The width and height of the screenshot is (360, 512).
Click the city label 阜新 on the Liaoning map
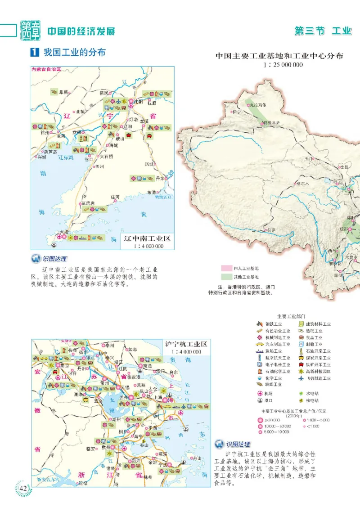coord(63,92)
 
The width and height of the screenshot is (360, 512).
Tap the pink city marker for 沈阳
coord(131,102)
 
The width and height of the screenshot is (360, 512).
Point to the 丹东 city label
coord(160,179)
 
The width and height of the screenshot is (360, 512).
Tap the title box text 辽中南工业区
coord(148,238)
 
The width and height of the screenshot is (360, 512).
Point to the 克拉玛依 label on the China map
coord(258,105)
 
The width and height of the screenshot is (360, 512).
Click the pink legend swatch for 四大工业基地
coord(226,268)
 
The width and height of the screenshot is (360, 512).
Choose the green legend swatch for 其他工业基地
coord(226,277)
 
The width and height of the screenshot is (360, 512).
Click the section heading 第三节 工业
coord(322,31)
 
